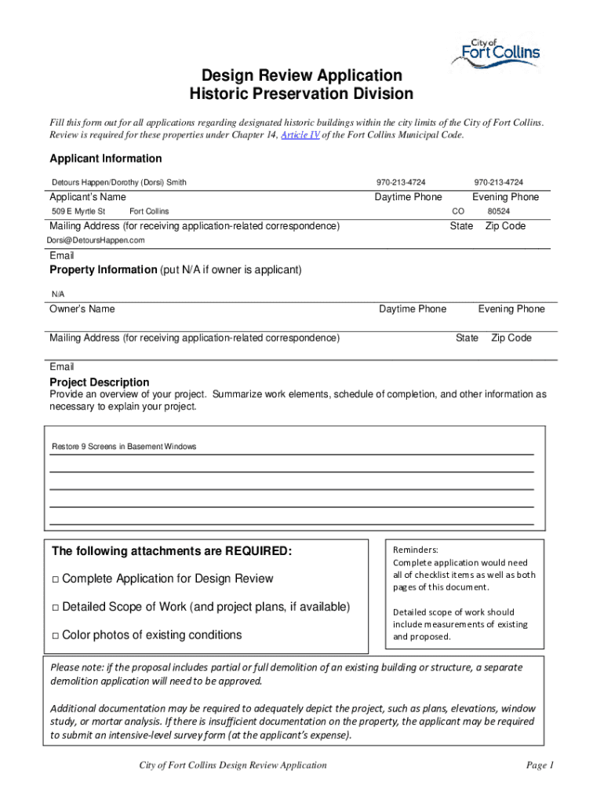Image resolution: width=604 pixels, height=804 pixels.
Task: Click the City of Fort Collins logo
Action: point(495,56)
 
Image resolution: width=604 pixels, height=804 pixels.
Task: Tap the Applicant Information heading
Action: point(106,159)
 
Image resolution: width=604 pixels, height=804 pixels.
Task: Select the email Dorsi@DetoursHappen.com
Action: point(96,239)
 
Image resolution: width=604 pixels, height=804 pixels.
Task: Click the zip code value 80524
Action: point(498,212)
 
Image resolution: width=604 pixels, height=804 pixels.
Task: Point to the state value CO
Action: point(459,212)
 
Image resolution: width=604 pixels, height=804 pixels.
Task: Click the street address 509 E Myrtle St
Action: point(78,212)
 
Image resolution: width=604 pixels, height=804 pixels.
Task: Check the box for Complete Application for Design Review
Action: point(55,579)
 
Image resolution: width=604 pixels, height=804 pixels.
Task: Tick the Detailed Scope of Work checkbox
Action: point(55,608)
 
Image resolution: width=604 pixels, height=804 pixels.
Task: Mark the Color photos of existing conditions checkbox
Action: point(55,636)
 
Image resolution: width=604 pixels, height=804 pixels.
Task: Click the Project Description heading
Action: point(100,382)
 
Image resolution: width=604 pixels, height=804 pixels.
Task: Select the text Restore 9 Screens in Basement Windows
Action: point(124,447)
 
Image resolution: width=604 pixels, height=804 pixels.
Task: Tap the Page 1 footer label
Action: point(540,766)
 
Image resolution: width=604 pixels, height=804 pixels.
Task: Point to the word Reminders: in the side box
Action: point(416,550)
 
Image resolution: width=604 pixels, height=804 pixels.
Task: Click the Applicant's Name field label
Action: point(88,197)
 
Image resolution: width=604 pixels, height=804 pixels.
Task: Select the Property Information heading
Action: point(104,270)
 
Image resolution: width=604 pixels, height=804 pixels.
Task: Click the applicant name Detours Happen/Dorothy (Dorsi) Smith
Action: point(119,182)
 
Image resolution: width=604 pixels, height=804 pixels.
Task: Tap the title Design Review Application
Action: point(302,76)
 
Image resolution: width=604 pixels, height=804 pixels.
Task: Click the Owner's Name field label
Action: point(82,309)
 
